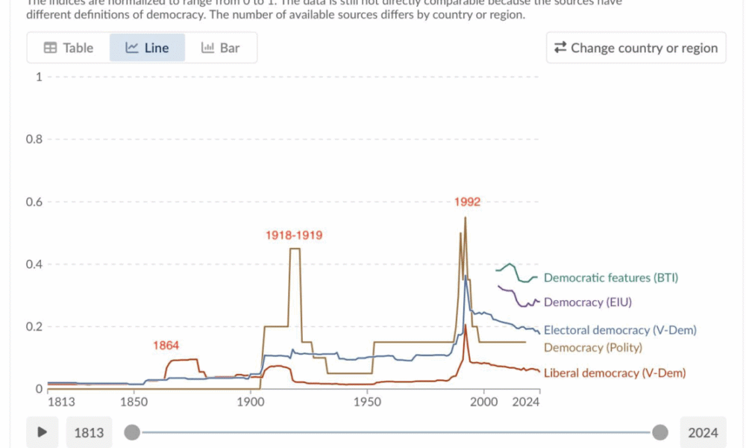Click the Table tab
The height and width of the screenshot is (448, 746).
[x=69, y=48]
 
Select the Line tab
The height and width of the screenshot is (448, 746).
[x=147, y=48]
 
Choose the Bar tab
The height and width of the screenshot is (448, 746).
[x=221, y=48]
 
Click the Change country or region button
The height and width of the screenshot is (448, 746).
[x=636, y=48]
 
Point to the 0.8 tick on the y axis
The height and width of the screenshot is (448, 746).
[x=34, y=140]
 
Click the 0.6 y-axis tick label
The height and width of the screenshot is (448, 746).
[x=34, y=202]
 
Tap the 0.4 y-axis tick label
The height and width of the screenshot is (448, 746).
[x=34, y=264]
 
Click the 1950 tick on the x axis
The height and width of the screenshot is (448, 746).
[x=367, y=402]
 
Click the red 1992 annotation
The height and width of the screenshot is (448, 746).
[x=467, y=202]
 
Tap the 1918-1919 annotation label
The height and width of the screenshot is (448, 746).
[x=294, y=235]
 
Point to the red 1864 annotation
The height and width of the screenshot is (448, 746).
[x=166, y=346]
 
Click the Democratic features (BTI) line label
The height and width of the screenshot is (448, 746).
[x=611, y=278]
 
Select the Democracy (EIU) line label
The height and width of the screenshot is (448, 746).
[x=594, y=302]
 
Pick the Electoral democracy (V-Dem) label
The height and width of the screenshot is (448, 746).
[x=620, y=330]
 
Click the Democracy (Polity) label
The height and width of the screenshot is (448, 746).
[x=593, y=347]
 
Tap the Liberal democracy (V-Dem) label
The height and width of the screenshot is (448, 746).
[x=615, y=373]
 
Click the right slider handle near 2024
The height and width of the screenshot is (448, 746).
[x=660, y=432]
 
